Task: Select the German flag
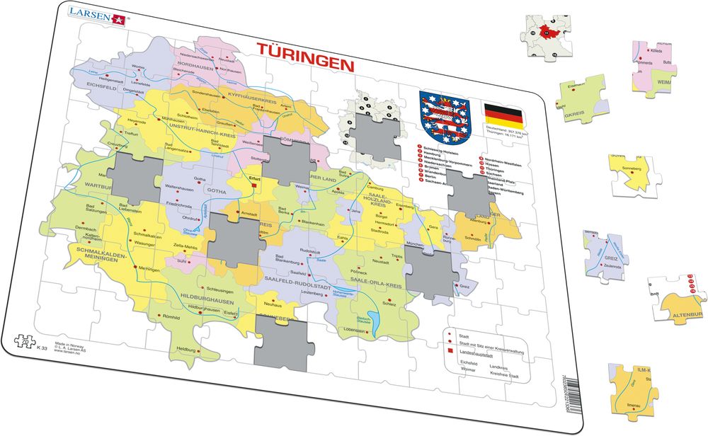[x=503, y=114]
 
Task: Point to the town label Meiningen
[x=149, y=269]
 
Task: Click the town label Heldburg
[x=186, y=349]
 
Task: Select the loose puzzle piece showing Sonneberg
[x=629, y=172]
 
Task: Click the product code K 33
[x=42, y=348]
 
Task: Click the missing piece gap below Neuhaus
[x=282, y=341]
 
